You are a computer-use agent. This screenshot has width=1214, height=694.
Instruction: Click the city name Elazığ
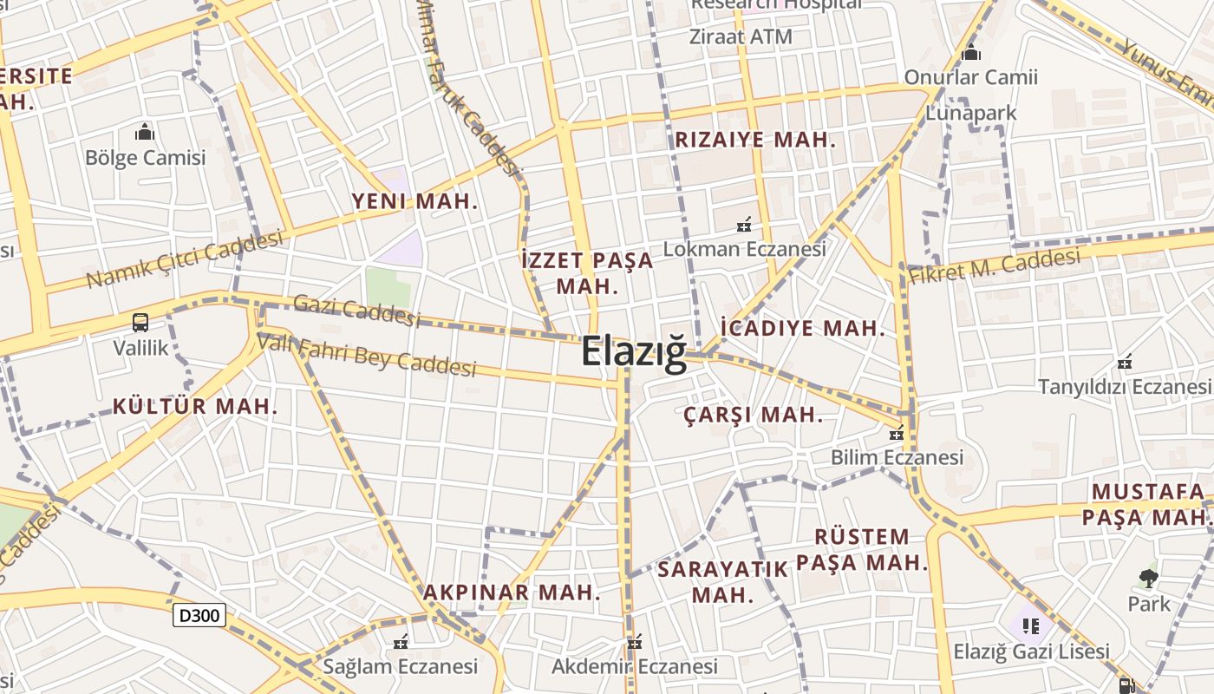pyautogui.click(x=633, y=351)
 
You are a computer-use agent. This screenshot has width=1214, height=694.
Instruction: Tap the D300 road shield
pyautogui.click(x=199, y=615)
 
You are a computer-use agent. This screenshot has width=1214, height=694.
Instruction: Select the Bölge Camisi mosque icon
pyautogui.click(x=145, y=132)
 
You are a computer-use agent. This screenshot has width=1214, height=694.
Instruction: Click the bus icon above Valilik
pyautogui.click(x=140, y=323)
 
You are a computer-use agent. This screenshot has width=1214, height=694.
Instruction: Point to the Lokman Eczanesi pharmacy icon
pyautogui.click(x=743, y=226)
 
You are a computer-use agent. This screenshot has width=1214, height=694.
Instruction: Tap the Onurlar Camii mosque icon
pyautogui.click(x=971, y=53)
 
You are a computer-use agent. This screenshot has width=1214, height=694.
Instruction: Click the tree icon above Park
pyautogui.click(x=1149, y=578)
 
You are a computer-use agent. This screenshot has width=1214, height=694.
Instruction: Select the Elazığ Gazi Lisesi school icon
pyautogui.click(x=1031, y=625)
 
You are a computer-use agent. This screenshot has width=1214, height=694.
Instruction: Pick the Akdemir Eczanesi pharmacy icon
pyautogui.click(x=635, y=643)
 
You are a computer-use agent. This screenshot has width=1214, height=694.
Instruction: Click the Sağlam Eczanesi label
pyautogui.click(x=400, y=666)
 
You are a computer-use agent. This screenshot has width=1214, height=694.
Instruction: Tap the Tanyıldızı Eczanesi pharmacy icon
pyautogui.click(x=1125, y=361)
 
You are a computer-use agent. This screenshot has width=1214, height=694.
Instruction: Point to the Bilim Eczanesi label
pyautogui.click(x=897, y=456)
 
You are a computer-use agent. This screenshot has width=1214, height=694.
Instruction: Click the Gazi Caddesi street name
pyautogui.click(x=356, y=310)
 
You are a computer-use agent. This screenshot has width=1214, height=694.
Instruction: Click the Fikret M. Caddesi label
pyautogui.click(x=995, y=265)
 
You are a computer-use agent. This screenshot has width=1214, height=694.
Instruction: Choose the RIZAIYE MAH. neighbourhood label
pyautogui.click(x=754, y=140)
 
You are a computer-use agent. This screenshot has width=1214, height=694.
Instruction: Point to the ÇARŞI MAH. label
pyautogui.click(x=753, y=415)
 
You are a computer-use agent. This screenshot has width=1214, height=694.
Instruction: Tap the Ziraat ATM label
pyautogui.click(x=741, y=36)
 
